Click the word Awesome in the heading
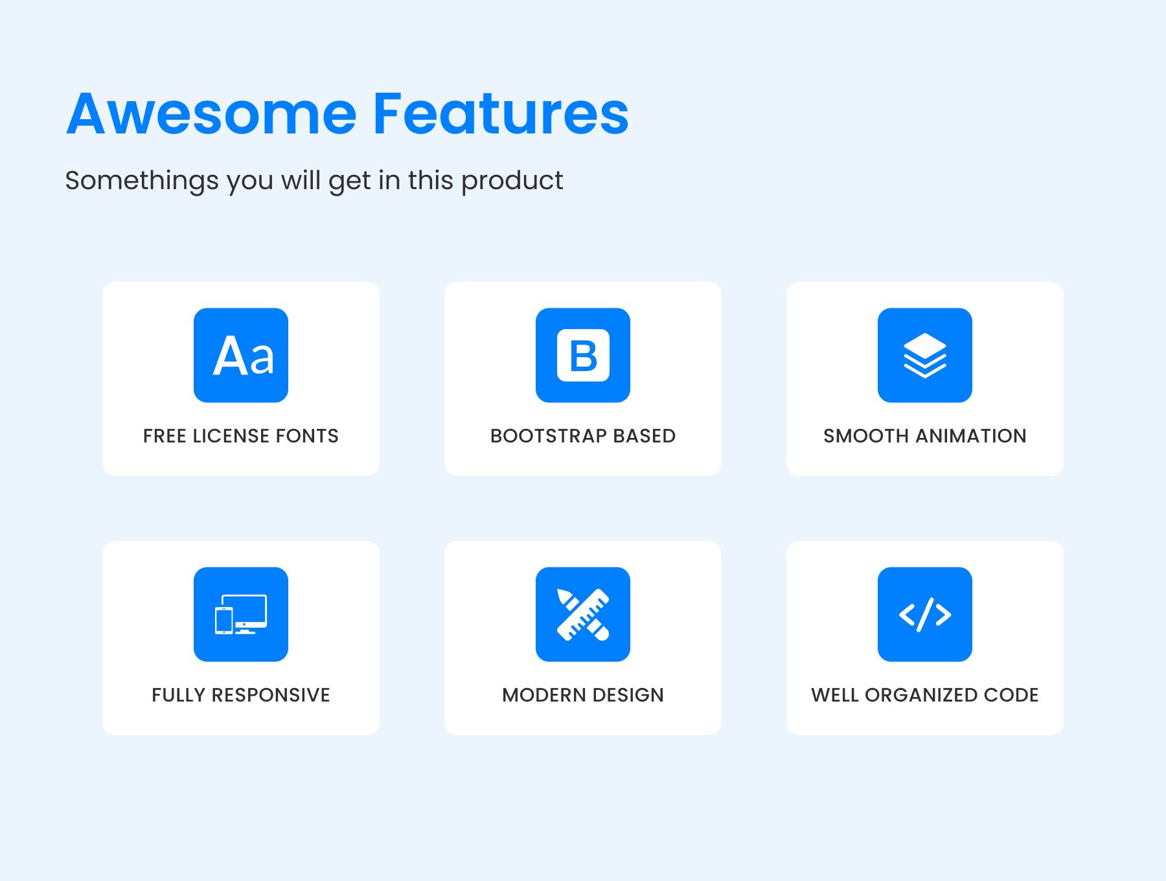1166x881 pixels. click(x=212, y=114)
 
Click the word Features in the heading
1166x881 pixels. click(x=501, y=113)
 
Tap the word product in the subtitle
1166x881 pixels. click(x=512, y=181)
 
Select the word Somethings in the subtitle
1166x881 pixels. click(x=142, y=181)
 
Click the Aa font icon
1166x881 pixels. click(x=241, y=355)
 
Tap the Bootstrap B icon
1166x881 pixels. click(x=583, y=355)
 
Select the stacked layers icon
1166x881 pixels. click(x=925, y=355)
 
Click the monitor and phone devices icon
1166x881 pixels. click(x=241, y=614)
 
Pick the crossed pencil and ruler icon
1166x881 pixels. click(x=583, y=614)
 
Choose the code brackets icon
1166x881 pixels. click(x=925, y=614)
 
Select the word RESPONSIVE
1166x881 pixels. click(x=271, y=695)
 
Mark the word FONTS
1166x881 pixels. click(x=307, y=436)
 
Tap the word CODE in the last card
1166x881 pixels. click(x=1011, y=695)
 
